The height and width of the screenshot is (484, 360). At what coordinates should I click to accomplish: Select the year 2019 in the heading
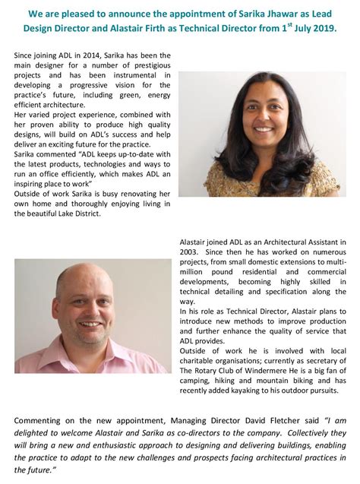click(x=320, y=27)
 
